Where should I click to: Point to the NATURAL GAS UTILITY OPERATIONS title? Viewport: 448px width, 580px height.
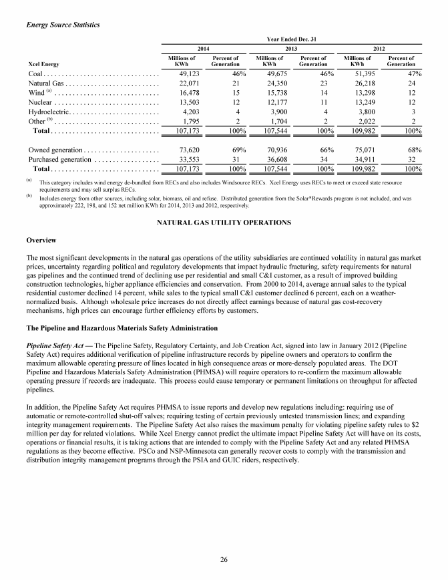224,221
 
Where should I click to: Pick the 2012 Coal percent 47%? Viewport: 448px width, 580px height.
411,74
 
